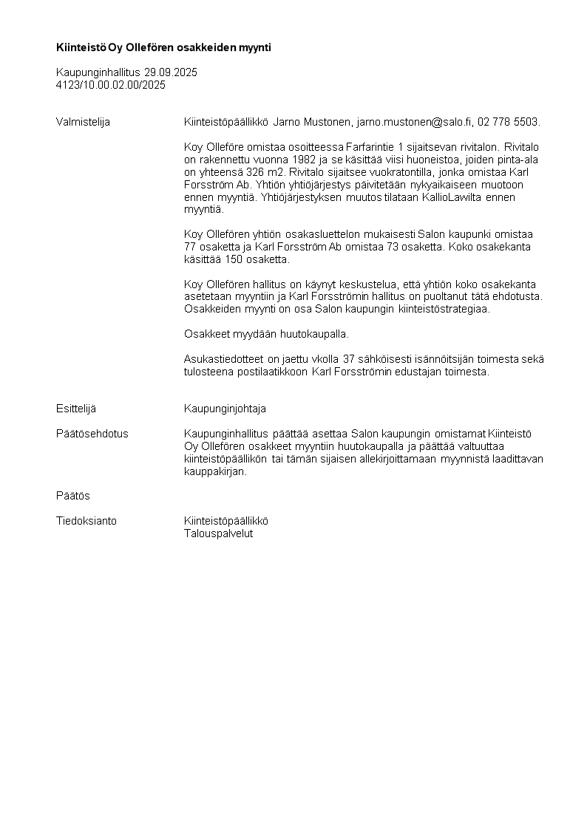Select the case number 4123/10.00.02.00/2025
coord(111,85)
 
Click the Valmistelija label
coord(83,122)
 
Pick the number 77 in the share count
coord(190,247)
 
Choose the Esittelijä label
coord(76,409)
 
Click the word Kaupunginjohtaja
coord(225,409)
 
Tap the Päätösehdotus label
coord(92,434)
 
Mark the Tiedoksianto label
coord(86,521)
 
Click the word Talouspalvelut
coord(218,533)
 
